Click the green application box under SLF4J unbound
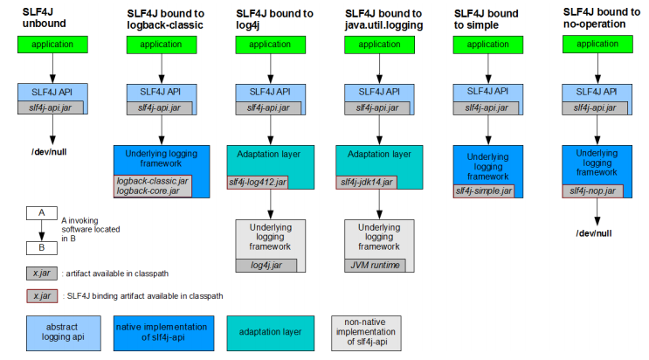52,45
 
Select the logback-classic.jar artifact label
152,181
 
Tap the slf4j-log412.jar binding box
258,183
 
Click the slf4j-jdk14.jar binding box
366,183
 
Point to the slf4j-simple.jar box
484,191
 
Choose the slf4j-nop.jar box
593,191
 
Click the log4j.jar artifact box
266,266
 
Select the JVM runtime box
375,266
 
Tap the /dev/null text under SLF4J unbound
49,152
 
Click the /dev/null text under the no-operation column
594,233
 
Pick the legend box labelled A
42,213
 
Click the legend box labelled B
42,248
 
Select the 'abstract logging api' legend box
63,334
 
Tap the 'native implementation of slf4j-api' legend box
164,334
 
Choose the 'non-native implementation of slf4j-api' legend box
366,334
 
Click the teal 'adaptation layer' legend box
270,334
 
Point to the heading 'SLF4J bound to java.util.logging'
383,19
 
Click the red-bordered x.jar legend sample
42,296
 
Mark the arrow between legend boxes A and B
42,231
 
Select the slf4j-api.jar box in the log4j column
269,108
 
